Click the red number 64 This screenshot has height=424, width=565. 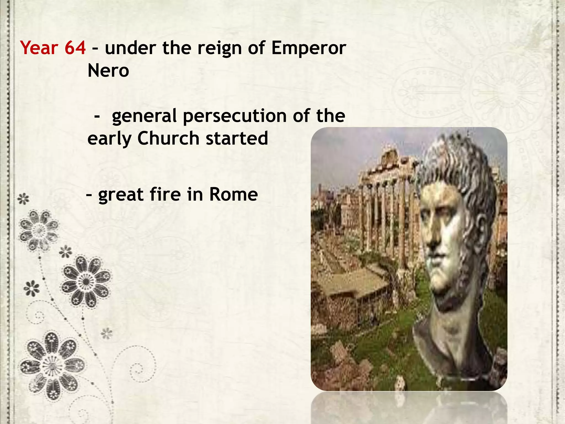[x=75, y=48]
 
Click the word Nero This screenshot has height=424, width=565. [x=108, y=71]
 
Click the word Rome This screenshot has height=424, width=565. [x=233, y=194]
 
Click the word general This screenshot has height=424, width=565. [x=144, y=116]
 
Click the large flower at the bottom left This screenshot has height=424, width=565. [x=52, y=366]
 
